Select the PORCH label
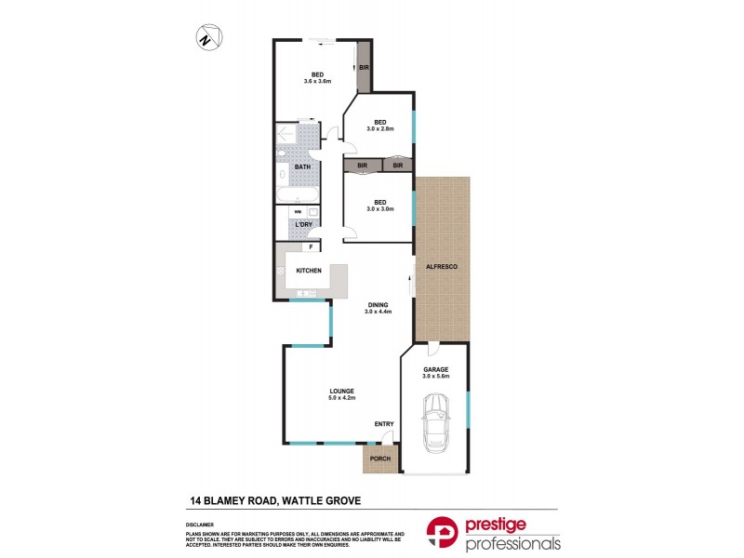click(x=379, y=459)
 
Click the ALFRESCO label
click(x=443, y=267)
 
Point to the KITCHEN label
click(x=309, y=271)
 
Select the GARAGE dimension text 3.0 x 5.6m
click(x=435, y=376)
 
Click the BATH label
click(x=302, y=167)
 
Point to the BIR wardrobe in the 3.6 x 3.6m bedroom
click(x=365, y=68)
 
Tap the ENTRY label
click(x=384, y=424)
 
